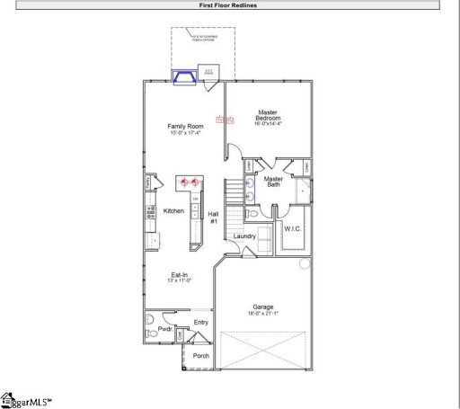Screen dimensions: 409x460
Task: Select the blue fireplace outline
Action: [186, 78]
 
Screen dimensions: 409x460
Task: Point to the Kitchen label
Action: [173, 210]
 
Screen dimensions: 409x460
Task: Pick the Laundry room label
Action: [245, 236]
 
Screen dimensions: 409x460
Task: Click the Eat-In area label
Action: [180, 274]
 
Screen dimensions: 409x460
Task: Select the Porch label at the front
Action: [201, 355]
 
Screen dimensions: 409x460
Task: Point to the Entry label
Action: [201, 321]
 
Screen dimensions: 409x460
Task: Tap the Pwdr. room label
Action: [165, 329]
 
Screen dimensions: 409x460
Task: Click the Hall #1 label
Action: [214, 217]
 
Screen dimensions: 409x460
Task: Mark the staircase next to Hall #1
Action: [233, 192]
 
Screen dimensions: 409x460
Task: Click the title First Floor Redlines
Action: [229, 4]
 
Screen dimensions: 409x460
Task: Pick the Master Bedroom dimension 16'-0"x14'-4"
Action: [268, 124]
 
